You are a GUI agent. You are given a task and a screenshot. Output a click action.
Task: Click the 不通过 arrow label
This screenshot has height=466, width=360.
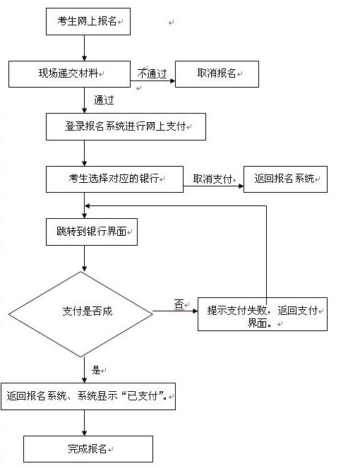click(x=152, y=73)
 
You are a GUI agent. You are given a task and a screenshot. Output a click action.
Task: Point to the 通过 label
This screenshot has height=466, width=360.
click(x=104, y=100)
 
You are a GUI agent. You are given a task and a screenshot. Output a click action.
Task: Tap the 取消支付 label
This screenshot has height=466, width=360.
click(x=212, y=179)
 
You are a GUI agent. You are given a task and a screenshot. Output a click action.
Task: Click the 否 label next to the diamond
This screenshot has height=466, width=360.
click(x=179, y=304)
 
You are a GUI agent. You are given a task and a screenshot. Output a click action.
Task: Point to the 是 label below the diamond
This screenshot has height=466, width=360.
click(x=96, y=370)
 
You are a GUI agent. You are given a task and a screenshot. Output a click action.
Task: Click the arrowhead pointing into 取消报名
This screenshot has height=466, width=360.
click(x=172, y=80)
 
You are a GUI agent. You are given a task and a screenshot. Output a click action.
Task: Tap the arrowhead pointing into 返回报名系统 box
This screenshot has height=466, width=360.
click(x=241, y=186)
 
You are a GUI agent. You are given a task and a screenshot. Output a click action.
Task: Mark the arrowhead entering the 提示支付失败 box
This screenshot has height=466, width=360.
click(x=195, y=311)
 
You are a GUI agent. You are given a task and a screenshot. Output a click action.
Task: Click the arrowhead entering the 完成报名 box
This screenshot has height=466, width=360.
click(x=85, y=433)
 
